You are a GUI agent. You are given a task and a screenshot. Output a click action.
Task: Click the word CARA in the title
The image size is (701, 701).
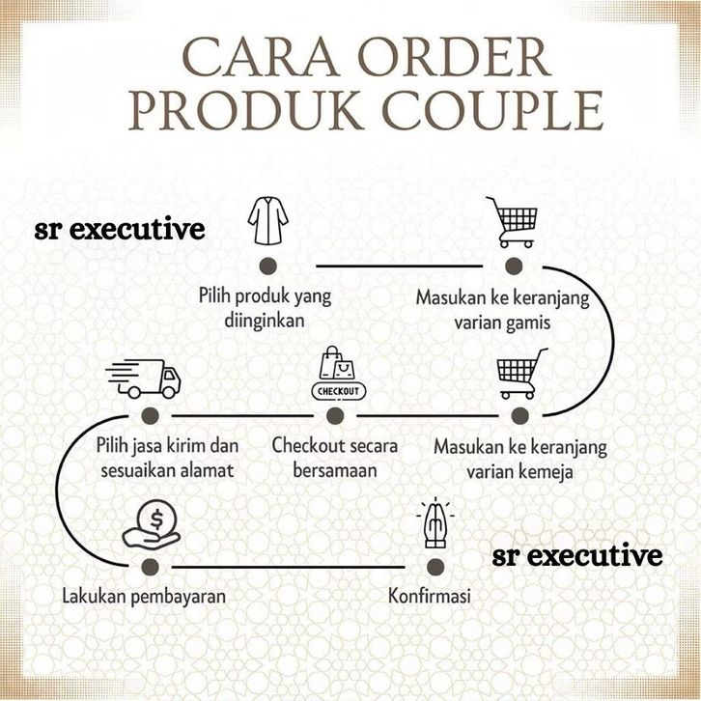(252, 59)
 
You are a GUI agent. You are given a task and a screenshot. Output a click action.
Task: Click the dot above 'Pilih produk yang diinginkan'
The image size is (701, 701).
(267, 265)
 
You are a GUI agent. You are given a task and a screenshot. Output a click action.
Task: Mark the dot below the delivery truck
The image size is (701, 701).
(149, 415)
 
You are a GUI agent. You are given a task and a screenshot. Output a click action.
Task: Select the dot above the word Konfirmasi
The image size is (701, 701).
(435, 565)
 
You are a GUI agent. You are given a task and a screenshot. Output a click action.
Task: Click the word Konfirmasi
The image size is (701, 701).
(429, 596)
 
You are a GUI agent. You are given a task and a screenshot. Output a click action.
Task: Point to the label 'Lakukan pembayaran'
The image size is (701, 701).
(144, 596)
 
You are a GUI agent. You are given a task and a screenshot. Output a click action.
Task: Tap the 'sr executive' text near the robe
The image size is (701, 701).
(119, 230)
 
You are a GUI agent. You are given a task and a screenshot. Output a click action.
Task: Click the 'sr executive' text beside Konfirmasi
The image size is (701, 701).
(577, 556)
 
